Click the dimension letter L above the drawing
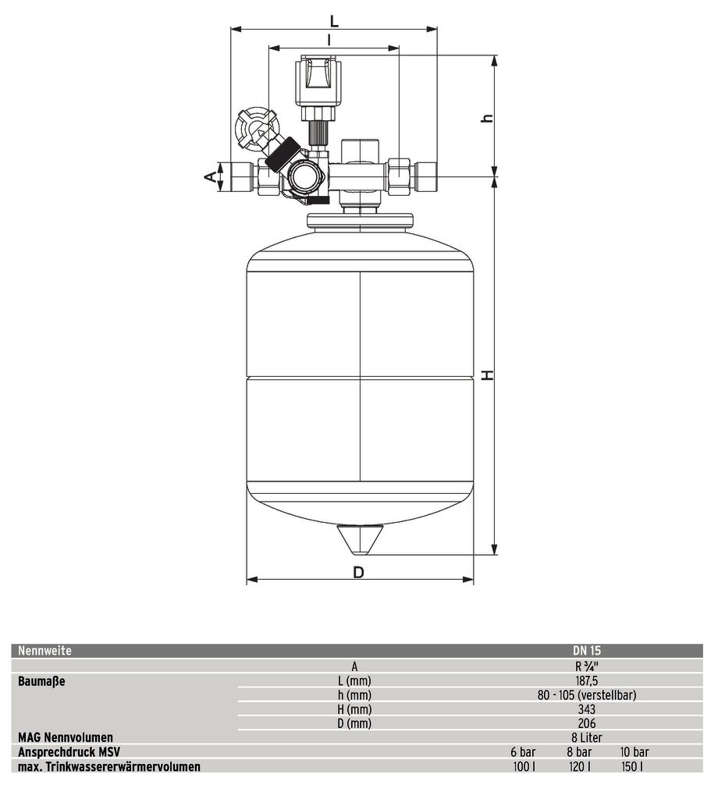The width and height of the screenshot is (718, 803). [334, 22]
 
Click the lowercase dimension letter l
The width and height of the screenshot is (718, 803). [329, 40]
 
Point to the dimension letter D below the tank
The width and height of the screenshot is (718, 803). [358, 573]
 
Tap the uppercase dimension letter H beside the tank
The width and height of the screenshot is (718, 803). [489, 375]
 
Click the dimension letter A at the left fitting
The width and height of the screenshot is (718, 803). [210, 176]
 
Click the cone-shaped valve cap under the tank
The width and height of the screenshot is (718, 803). [360, 539]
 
